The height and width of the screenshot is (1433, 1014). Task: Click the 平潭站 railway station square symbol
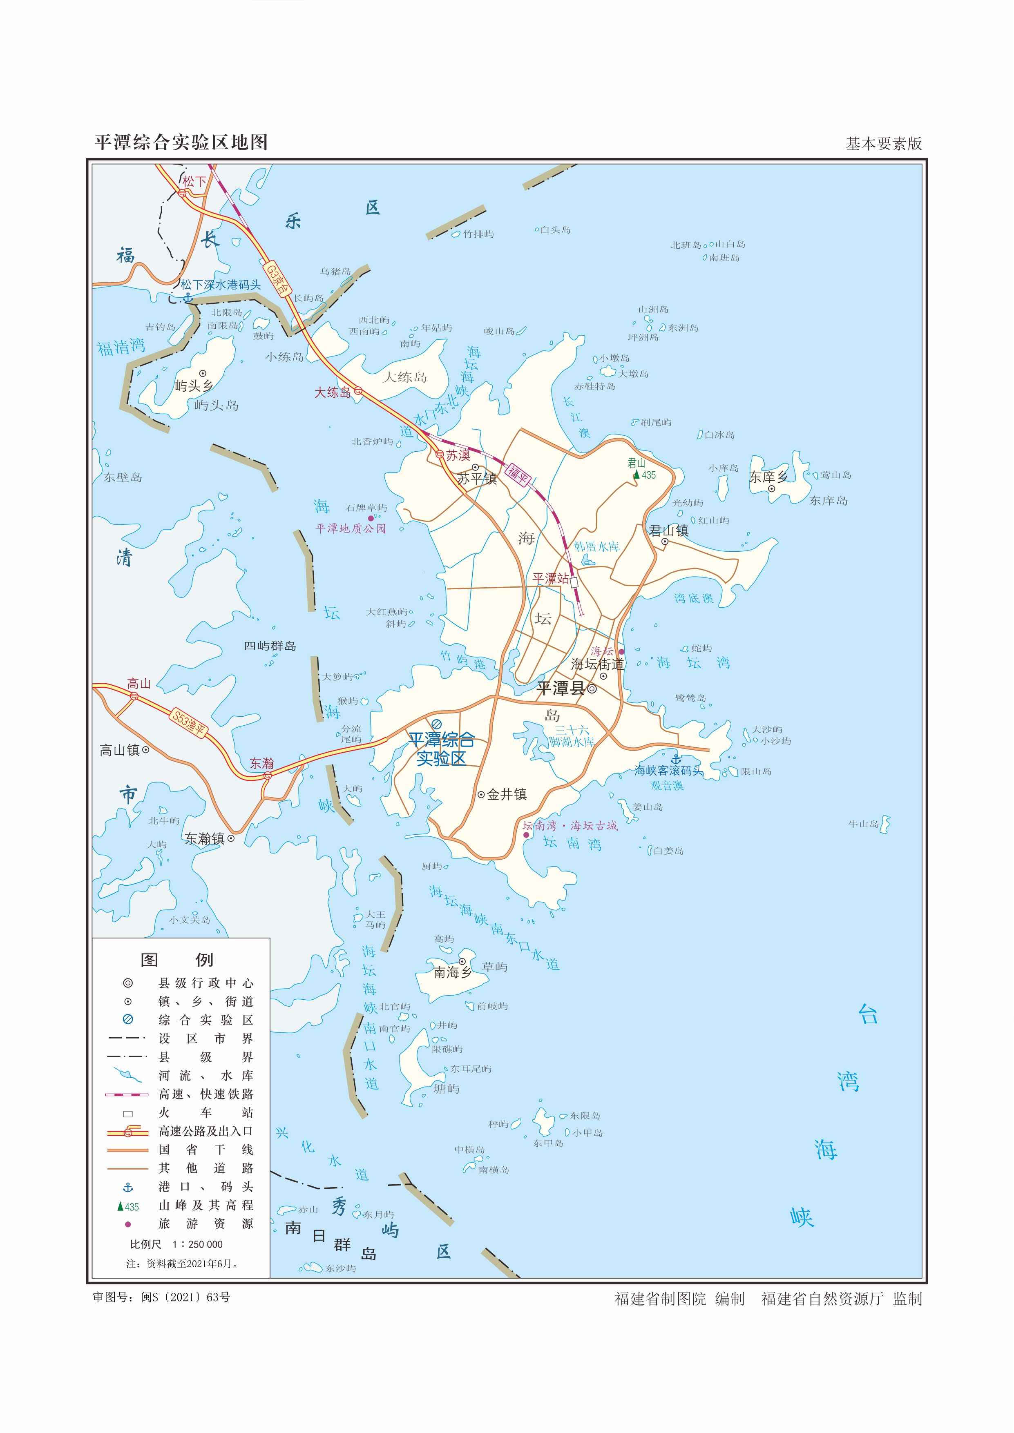[574, 582]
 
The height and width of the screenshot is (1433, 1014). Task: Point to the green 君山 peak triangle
[636, 475]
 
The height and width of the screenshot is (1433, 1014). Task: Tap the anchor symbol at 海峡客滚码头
[676, 759]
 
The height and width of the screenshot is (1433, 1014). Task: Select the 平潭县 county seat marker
[592, 689]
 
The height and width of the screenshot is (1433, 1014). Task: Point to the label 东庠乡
[768, 477]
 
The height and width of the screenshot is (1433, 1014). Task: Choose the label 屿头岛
[216, 406]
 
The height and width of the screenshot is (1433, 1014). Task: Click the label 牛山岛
[864, 824]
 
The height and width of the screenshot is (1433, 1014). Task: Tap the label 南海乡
[453, 972]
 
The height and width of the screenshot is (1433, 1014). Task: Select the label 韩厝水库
[597, 547]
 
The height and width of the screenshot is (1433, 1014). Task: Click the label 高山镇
[120, 750]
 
